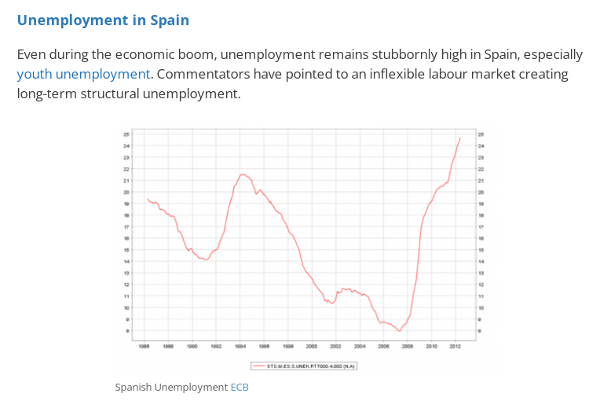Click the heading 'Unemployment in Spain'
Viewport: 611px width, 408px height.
point(103,20)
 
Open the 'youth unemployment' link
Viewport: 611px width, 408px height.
point(83,74)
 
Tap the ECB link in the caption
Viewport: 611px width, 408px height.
point(240,387)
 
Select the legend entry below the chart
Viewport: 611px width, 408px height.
point(303,365)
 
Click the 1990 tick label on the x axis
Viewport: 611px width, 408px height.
point(192,346)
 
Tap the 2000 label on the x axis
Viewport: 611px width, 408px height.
point(312,346)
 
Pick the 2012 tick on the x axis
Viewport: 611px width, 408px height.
point(455,346)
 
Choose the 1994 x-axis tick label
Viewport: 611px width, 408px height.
point(240,346)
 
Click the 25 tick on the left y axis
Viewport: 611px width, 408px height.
point(126,134)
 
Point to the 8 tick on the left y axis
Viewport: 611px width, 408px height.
point(126,331)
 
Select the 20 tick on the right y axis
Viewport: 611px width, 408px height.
point(481,192)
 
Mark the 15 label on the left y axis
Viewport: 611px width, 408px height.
point(126,250)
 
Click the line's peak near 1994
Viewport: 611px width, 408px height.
point(243,175)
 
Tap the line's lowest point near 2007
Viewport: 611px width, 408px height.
point(400,331)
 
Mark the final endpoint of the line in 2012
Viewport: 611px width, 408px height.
point(460,138)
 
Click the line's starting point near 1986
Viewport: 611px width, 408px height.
point(147,199)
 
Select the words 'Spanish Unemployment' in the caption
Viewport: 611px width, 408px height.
point(170,387)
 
